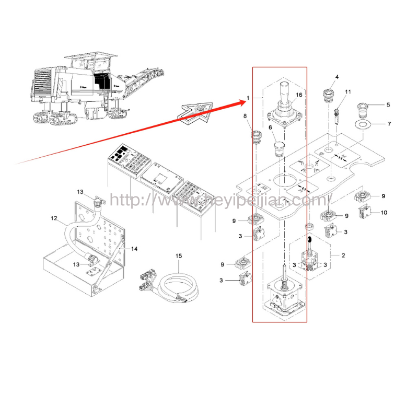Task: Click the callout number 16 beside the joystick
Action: [x=299, y=95]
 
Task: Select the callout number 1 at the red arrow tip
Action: [x=248, y=98]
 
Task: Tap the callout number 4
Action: [x=336, y=77]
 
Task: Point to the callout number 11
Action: [x=347, y=92]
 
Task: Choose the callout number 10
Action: [x=384, y=213]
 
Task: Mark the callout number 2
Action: [x=343, y=256]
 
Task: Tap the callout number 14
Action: [x=134, y=249]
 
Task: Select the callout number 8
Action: [x=245, y=116]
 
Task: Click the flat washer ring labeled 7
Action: [x=364, y=124]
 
